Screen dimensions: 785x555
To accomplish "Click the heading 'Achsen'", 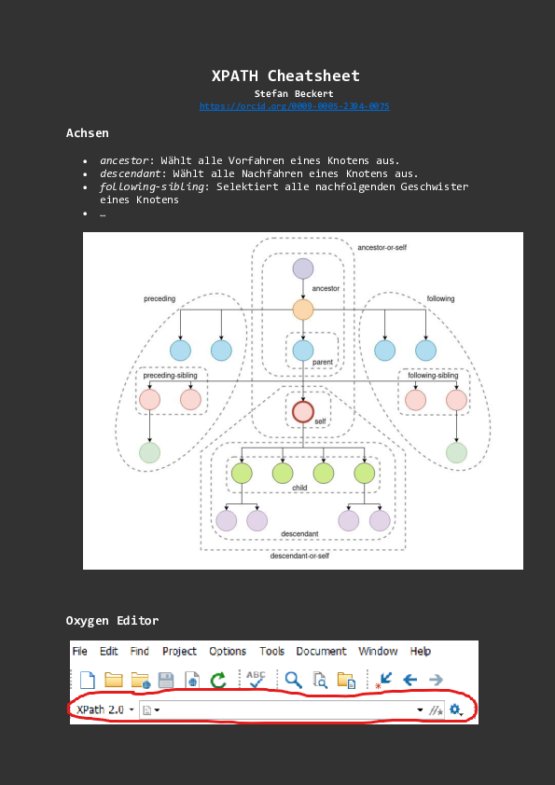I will tap(87, 133).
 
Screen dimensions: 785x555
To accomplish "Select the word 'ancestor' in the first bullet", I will tap(124, 160).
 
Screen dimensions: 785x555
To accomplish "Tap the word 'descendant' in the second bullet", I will tap(131, 173).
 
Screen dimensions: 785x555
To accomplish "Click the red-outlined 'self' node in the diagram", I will tap(302, 411).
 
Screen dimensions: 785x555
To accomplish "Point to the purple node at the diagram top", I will tap(302, 269).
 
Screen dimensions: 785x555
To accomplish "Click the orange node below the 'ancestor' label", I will tap(302, 310).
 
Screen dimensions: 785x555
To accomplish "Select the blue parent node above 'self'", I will tap(302, 351).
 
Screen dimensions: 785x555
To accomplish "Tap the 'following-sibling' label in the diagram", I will tap(432, 376).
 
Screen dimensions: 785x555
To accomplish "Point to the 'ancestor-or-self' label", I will tap(382, 247).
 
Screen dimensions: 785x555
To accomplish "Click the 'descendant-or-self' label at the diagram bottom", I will tap(299, 556).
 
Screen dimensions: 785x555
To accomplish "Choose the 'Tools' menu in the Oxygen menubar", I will tap(271, 652).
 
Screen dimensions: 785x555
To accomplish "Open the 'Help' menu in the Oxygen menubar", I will tap(421, 652).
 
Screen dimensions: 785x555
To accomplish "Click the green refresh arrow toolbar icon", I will tap(218, 681).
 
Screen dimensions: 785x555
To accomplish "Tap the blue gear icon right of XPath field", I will tap(456, 710).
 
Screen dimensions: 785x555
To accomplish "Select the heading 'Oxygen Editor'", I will tap(112, 621).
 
